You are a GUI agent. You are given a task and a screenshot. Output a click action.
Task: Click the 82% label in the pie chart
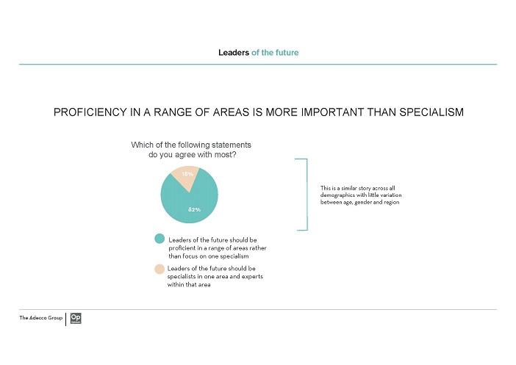tap(194, 209)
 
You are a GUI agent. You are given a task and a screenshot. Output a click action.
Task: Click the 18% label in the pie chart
tap(187, 174)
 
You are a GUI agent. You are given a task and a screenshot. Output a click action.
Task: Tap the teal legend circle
tap(160, 239)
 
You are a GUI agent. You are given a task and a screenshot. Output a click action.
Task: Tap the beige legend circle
tap(160, 269)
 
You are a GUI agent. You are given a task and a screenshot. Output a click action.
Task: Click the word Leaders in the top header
tap(234, 53)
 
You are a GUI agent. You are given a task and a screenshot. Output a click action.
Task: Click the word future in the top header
tap(287, 53)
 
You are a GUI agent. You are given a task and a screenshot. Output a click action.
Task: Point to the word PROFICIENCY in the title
tap(90, 112)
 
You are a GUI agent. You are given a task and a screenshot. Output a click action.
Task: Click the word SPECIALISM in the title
tap(431, 112)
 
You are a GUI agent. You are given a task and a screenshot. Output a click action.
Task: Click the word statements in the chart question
tap(232, 145)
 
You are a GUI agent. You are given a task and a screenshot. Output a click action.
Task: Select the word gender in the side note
tap(363, 203)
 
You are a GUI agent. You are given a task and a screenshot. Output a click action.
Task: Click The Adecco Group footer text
tap(41, 318)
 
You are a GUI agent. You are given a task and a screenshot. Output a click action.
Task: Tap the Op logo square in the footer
tap(76, 318)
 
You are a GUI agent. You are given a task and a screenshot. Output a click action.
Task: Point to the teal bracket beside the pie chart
tap(307, 195)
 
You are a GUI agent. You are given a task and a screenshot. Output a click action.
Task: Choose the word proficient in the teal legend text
tap(182, 248)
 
